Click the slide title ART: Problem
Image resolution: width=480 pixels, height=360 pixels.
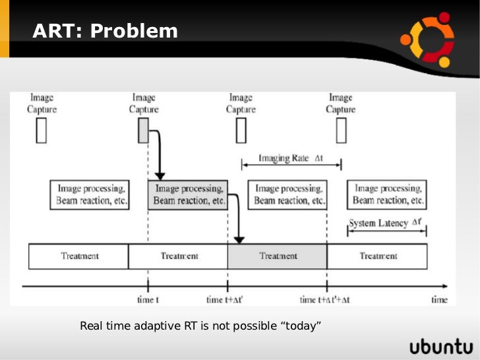pos(105,30)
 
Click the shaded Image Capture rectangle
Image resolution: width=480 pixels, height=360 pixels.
pos(144,131)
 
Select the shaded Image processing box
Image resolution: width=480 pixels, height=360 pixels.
pos(188,195)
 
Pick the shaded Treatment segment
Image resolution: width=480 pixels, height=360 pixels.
pos(277,256)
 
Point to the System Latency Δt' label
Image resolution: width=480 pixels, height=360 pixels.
pos(386,223)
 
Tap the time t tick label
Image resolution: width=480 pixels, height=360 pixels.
pos(148,300)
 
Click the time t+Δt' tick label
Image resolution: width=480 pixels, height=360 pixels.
pos(225,300)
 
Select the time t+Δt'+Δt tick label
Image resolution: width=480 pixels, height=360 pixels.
pos(326,300)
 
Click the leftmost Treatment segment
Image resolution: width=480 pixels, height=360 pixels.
pos(78,256)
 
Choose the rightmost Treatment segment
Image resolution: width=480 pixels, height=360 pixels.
pos(377,256)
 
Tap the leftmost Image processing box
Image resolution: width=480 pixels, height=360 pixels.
pos(90,195)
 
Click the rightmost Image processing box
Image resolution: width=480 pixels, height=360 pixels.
pos(387,195)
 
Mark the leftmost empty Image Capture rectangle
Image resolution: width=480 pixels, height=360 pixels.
pos(42,131)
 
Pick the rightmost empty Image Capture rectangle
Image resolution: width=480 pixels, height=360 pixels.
pos(341,131)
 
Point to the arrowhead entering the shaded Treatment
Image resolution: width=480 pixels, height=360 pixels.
pos(240,237)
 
